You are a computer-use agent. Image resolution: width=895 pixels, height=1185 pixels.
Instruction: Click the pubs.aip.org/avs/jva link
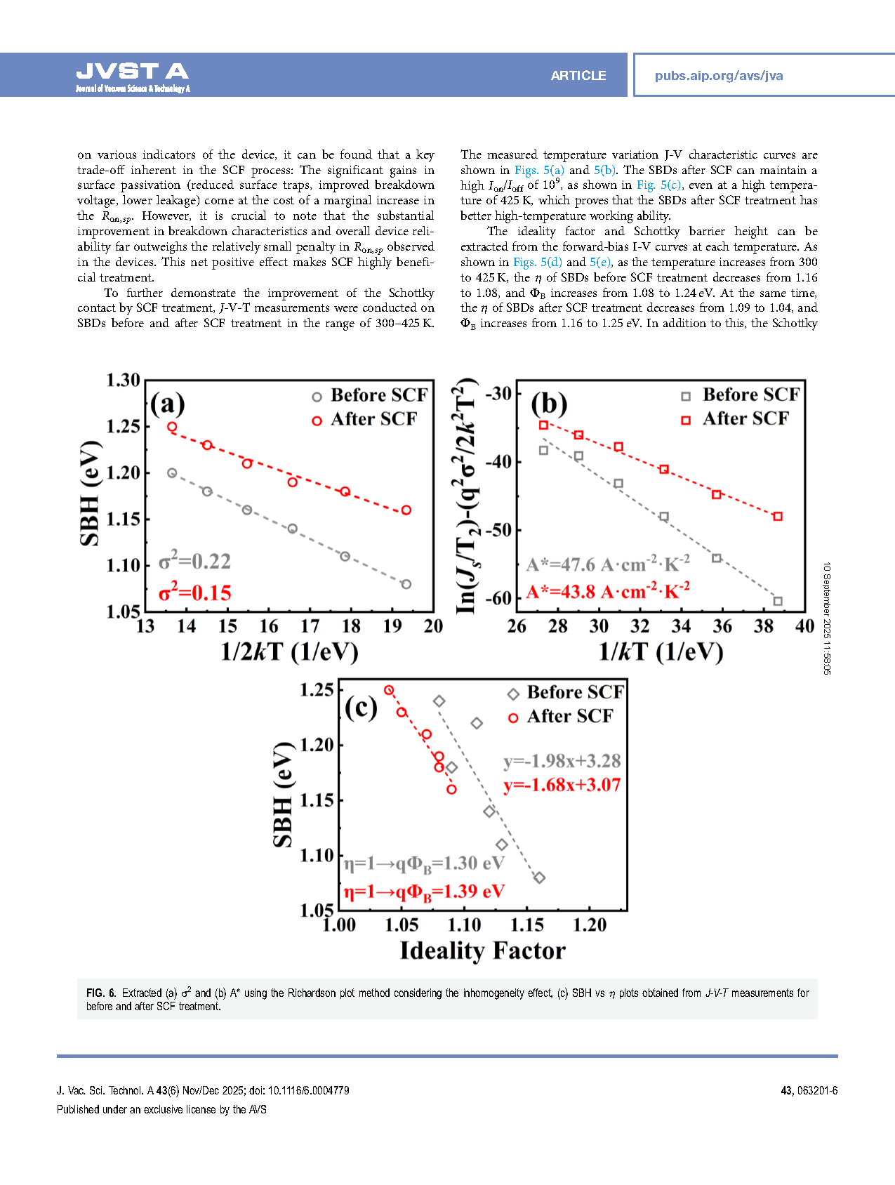pyautogui.click(x=718, y=76)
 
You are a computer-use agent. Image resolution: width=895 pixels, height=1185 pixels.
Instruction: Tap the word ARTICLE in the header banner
pyautogui.click(x=578, y=76)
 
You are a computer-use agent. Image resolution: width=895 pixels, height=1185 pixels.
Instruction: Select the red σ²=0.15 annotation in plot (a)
pyautogui.click(x=194, y=593)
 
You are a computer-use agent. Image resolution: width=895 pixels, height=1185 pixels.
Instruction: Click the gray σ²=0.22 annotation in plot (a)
pyautogui.click(x=194, y=562)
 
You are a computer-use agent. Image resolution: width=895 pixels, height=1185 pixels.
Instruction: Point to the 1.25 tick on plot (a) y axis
pyautogui.click(x=123, y=426)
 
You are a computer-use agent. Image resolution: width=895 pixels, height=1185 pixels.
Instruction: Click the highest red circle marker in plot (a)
pyautogui.click(x=172, y=427)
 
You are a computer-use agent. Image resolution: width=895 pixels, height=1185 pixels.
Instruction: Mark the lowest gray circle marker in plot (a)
pyautogui.click(x=406, y=584)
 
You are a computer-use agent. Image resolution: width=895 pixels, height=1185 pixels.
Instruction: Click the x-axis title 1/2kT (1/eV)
pyautogui.click(x=289, y=651)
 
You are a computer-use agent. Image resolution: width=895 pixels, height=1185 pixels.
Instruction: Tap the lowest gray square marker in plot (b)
pyautogui.click(x=778, y=601)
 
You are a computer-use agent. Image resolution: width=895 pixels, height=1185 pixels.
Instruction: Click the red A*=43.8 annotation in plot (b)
pyautogui.click(x=608, y=591)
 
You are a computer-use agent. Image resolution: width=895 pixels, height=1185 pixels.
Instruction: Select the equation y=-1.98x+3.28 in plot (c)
pyautogui.click(x=562, y=761)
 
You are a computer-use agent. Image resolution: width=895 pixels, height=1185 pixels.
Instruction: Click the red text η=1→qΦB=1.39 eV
pyautogui.click(x=424, y=892)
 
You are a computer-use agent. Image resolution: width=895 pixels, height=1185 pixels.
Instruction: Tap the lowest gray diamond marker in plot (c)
pyautogui.click(x=539, y=878)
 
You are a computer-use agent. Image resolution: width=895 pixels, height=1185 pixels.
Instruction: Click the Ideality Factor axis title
pyautogui.click(x=482, y=951)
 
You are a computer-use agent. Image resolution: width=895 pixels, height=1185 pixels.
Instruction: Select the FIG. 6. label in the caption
pyautogui.click(x=101, y=993)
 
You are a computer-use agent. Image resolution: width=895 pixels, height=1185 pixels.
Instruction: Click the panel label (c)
pyautogui.click(x=361, y=708)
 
